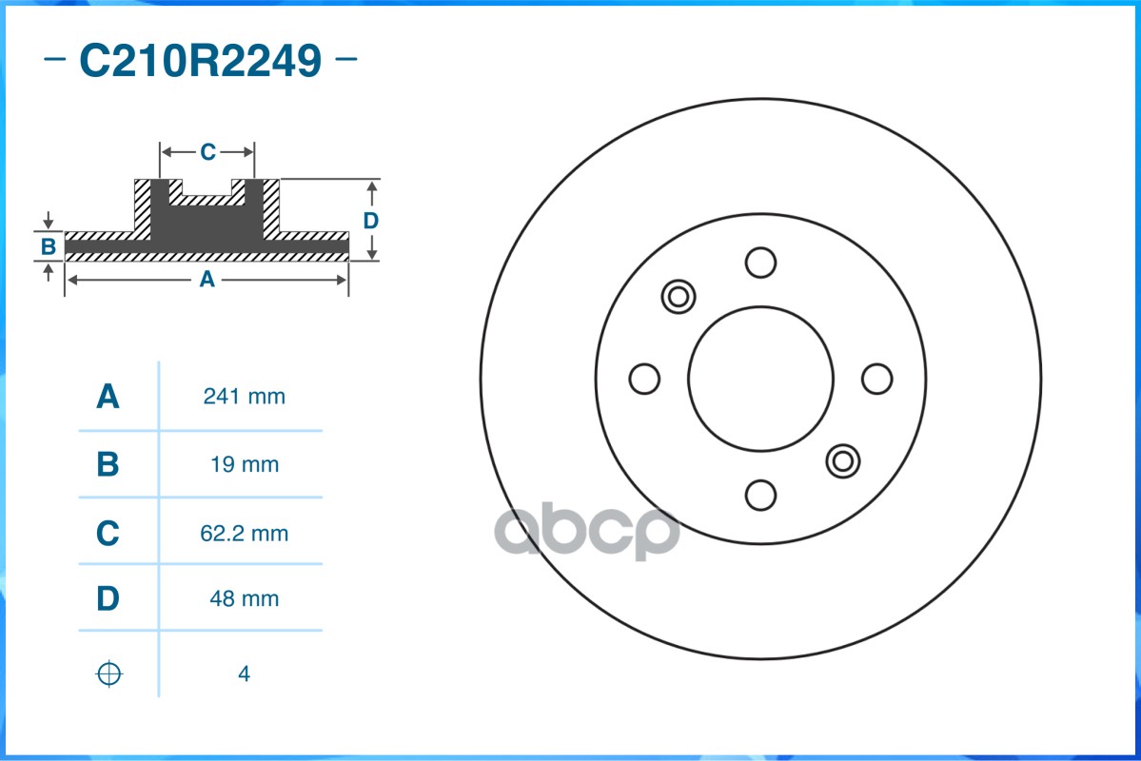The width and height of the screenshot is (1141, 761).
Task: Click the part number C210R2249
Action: [x=200, y=62]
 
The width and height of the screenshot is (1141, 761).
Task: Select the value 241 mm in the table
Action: [x=244, y=397]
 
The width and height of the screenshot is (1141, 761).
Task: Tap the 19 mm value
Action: [x=244, y=464]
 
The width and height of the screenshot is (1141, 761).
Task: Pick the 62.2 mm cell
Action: [x=244, y=534]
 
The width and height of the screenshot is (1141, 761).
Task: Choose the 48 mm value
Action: [x=244, y=599]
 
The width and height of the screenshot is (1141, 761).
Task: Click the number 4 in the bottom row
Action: [x=244, y=674]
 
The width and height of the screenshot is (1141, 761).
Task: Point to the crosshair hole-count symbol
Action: [x=109, y=673]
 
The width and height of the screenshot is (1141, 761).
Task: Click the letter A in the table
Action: [x=108, y=397]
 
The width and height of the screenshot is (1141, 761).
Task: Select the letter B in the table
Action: [x=108, y=464]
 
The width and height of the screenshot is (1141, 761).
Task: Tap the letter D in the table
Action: [x=108, y=599]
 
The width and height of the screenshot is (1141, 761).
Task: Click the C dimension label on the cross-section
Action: [x=207, y=152]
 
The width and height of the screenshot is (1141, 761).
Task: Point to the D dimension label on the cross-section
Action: [x=371, y=221]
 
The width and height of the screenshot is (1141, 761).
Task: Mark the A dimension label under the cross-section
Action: [x=206, y=280]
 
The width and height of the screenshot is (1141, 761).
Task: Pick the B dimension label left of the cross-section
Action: [x=48, y=247]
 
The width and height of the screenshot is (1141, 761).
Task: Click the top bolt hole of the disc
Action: [x=760, y=263]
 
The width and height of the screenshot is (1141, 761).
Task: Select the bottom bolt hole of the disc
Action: [x=760, y=495]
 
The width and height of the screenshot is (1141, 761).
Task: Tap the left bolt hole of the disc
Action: [x=644, y=379]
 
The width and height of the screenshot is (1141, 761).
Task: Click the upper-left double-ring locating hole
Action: [x=678, y=297]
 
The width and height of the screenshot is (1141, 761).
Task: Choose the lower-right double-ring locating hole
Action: [x=842, y=461]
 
